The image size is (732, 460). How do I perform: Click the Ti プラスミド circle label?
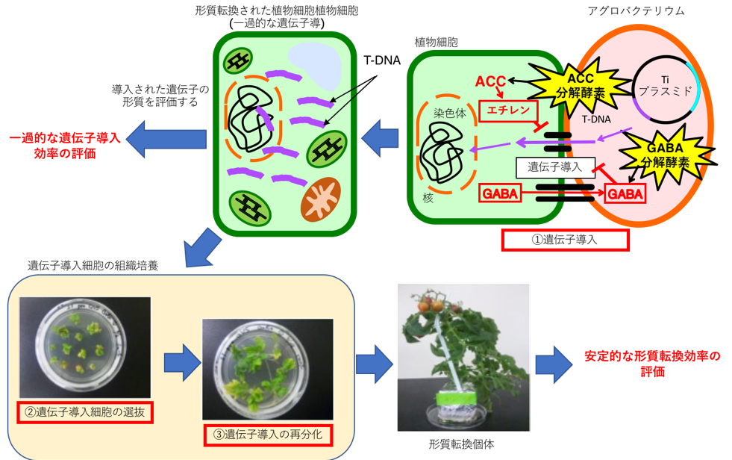pos(666,87)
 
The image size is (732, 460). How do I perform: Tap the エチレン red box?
pos(508,111)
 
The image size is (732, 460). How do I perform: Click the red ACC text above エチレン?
pos(491,81)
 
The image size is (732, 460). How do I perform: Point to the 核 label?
pos(428,199)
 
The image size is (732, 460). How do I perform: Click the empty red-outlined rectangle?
pos(566,240)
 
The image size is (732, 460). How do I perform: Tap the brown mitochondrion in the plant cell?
pos(321,197)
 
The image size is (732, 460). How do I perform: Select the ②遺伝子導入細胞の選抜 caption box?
pos(87,412)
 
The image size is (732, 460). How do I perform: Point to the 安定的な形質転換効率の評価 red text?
pos(652,364)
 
